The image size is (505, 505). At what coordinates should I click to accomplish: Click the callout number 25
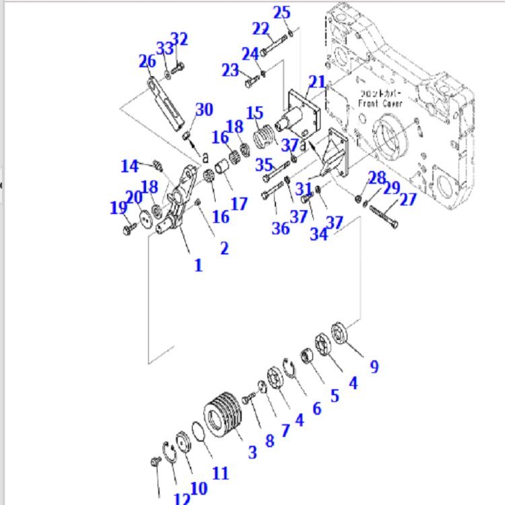(281, 12)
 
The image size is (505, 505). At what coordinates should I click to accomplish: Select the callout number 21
(317, 83)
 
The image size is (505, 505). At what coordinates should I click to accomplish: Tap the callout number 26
(147, 62)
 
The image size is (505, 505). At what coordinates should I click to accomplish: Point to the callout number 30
(204, 110)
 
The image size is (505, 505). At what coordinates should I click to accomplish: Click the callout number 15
(255, 112)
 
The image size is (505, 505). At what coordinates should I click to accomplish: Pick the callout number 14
(130, 166)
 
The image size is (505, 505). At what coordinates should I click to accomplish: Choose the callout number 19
(118, 208)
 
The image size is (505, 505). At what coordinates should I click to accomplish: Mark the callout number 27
(408, 199)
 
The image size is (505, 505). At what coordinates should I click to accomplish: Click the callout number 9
(374, 366)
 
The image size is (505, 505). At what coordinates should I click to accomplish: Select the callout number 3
(252, 452)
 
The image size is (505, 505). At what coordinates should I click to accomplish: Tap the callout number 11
(220, 473)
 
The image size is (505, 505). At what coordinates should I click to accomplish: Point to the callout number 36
(280, 228)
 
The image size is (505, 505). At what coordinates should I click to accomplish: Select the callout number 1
(198, 265)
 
